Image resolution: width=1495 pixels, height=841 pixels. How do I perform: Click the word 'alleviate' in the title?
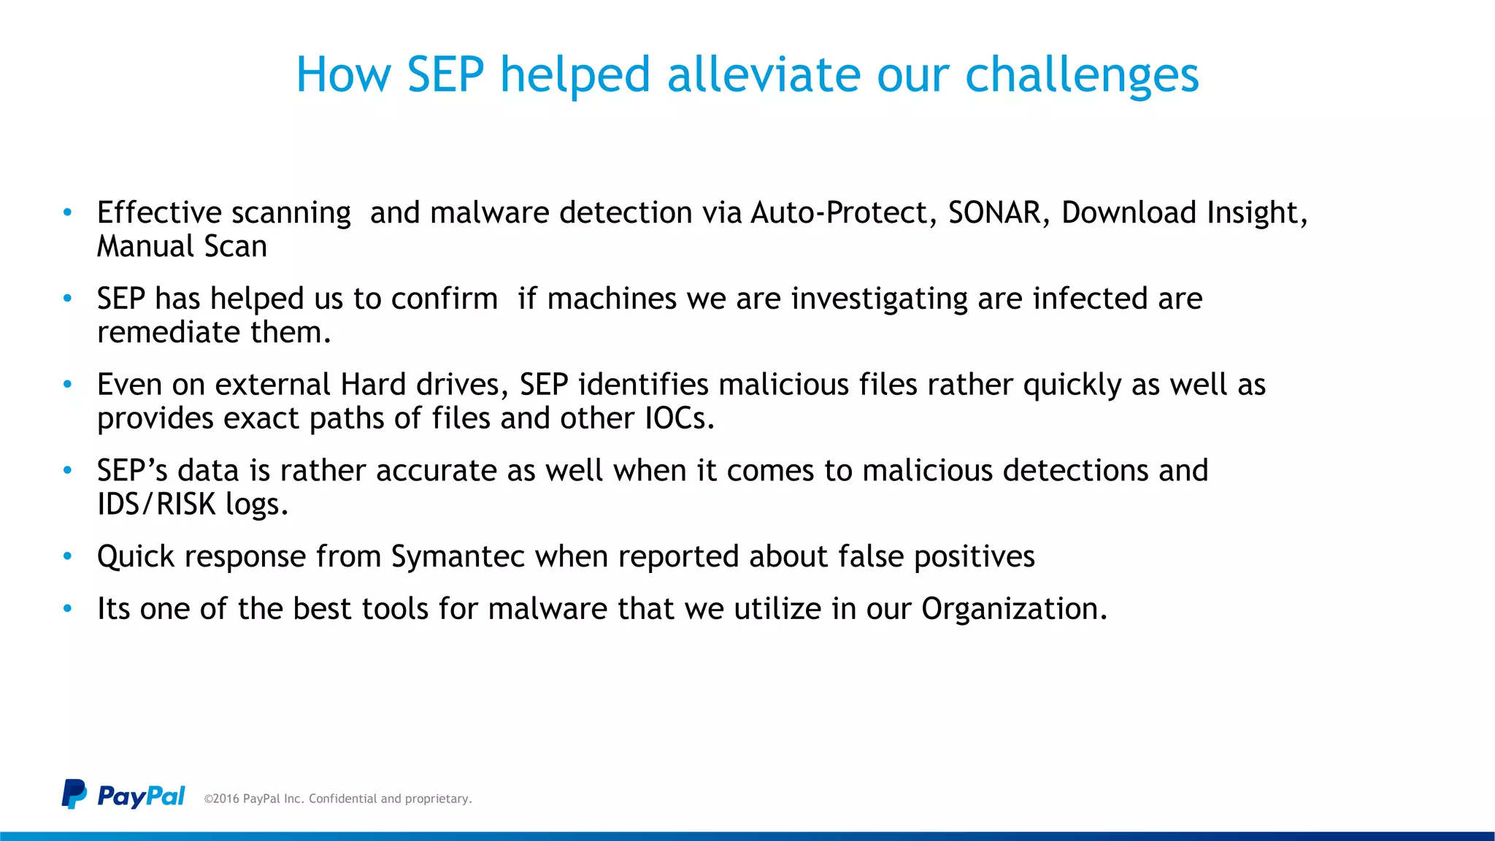click(764, 74)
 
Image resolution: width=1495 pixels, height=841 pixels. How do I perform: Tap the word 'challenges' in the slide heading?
click(1082, 76)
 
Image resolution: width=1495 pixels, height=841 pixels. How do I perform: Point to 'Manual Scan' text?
click(182, 247)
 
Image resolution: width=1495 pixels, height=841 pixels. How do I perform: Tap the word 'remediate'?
click(169, 333)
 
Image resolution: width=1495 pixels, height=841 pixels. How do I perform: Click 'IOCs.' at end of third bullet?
click(680, 418)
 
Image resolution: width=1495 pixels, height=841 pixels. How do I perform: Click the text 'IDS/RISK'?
click(156, 504)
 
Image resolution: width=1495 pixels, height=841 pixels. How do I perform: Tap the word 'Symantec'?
click(458, 557)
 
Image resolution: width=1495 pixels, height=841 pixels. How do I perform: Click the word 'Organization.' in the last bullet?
click(1014, 609)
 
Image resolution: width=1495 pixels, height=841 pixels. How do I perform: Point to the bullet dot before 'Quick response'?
click(68, 556)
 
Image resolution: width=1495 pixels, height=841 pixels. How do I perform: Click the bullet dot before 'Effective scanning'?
click(68, 212)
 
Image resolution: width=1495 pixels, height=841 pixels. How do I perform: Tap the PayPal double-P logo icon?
click(74, 794)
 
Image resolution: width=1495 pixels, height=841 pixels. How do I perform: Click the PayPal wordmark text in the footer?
click(141, 796)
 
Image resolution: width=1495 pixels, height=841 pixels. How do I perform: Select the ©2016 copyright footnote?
click(338, 799)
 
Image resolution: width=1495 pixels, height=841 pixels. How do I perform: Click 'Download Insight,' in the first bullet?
click(1184, 212)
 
